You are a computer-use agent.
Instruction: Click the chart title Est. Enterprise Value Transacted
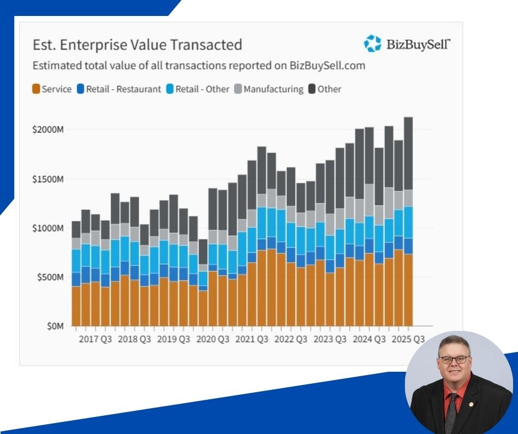[x=137, y=45]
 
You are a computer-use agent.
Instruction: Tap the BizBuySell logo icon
[x=373, y=44]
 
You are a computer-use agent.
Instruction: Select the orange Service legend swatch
[x=36, y=89]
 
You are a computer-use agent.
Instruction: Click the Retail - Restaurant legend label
[x=123, y=89]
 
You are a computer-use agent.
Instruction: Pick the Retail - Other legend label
[x=202, y=89]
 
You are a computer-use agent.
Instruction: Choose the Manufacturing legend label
[x=273, y=89]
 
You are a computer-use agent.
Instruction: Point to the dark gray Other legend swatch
[x=312, y=89]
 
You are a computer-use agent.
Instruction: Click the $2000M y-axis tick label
[x=49, y=130]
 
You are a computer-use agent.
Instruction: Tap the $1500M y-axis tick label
[x=49, y=179]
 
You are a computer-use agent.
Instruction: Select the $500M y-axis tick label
[x=51, y=277]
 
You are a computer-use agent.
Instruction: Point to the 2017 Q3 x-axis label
[x=95, y=339]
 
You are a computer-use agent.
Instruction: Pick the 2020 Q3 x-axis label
[x=213, y=339]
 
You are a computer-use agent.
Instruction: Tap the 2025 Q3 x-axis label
[x=408, y=339]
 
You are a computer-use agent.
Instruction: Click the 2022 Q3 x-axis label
[x=291, y=339]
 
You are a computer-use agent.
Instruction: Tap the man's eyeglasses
[x=454, y=359]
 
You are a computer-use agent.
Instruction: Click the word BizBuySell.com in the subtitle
[x=327, y=66]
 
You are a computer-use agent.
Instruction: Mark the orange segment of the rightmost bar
[x=408, y=289]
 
